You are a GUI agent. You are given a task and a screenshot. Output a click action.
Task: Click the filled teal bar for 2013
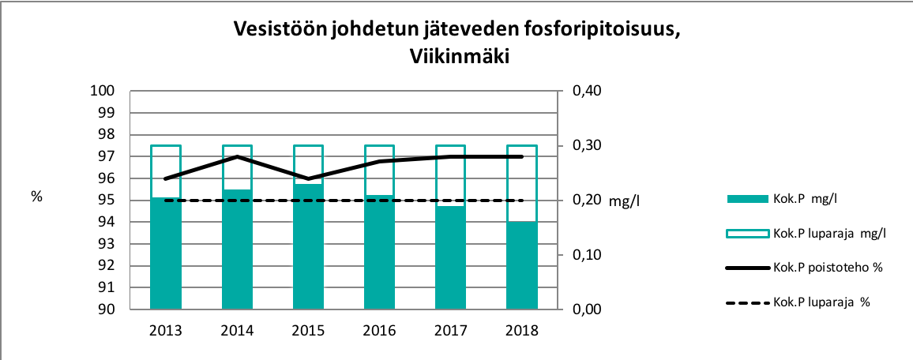tap(166, 254)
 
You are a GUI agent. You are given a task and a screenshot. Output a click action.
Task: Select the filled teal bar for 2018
tap(522, 266)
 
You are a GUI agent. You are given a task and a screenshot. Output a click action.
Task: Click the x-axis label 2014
tap(237, 331)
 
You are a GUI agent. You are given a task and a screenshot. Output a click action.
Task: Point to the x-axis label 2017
tap(450, 331)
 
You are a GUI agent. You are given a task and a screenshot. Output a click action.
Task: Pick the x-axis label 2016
tap(379, 331)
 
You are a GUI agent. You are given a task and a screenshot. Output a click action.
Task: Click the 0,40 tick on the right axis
tap(586, 91)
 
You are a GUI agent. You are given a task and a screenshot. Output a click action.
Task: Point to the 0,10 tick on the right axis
tap(586, 255)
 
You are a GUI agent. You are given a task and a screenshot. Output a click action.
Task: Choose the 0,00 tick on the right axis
tap(586, 309)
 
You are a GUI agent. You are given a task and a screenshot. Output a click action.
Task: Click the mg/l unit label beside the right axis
tap(624, 201)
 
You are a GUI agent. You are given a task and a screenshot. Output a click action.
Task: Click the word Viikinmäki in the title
tap(456, 57)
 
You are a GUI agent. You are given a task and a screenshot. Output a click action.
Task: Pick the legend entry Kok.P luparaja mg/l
tap(830, 233)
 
